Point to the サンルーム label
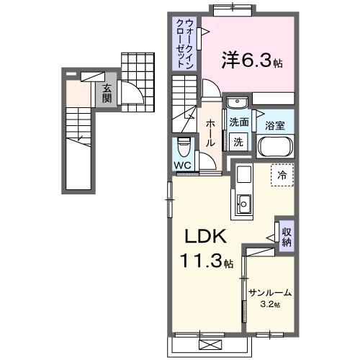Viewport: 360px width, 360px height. point(270,292)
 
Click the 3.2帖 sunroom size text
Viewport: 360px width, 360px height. point(270,305)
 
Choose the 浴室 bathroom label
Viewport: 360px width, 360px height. point(275,125)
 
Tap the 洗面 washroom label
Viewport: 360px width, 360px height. point(239,122)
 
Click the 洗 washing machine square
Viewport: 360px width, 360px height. point(238,142)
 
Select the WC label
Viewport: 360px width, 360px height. point(182,163)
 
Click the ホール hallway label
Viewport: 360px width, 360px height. point(210,134)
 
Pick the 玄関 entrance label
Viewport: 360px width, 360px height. point(106,93)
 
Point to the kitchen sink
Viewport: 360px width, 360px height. point(244,204)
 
